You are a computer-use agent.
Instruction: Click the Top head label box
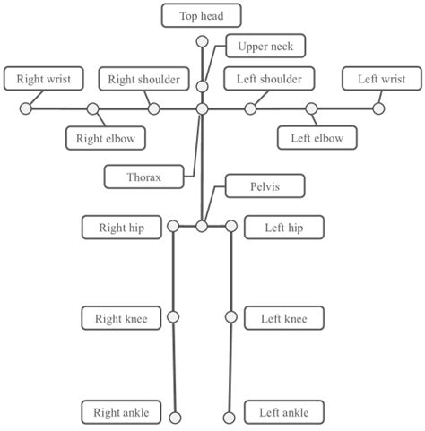pos(202,15)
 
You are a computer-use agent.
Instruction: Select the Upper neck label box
pos(266,46)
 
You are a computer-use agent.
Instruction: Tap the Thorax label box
pos(143,177)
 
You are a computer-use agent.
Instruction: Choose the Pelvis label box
pos(266,186)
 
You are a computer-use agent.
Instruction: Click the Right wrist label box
pos(44,79)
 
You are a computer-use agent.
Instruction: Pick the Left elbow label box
pos(317,138)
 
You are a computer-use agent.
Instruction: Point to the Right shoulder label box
pos(143,79)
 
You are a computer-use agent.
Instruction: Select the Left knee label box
pos(283,318)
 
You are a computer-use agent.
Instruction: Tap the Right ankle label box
pos(121,412)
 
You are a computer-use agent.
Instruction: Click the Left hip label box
pos(283,228)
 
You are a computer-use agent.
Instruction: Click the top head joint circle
pos(202,41)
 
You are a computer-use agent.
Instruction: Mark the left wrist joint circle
pos(379,108)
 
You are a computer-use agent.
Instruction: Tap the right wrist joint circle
pos(26,108)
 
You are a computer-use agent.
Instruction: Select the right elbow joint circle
pos(93,108)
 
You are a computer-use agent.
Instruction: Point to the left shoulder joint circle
pos(250,108)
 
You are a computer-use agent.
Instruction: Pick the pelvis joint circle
pos(202,227)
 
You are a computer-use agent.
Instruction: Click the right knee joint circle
pos(174,317)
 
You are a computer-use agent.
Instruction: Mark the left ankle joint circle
pos(229,417)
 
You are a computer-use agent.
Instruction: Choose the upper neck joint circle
pos(203,86)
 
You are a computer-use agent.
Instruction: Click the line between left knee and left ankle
pos(230,367)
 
